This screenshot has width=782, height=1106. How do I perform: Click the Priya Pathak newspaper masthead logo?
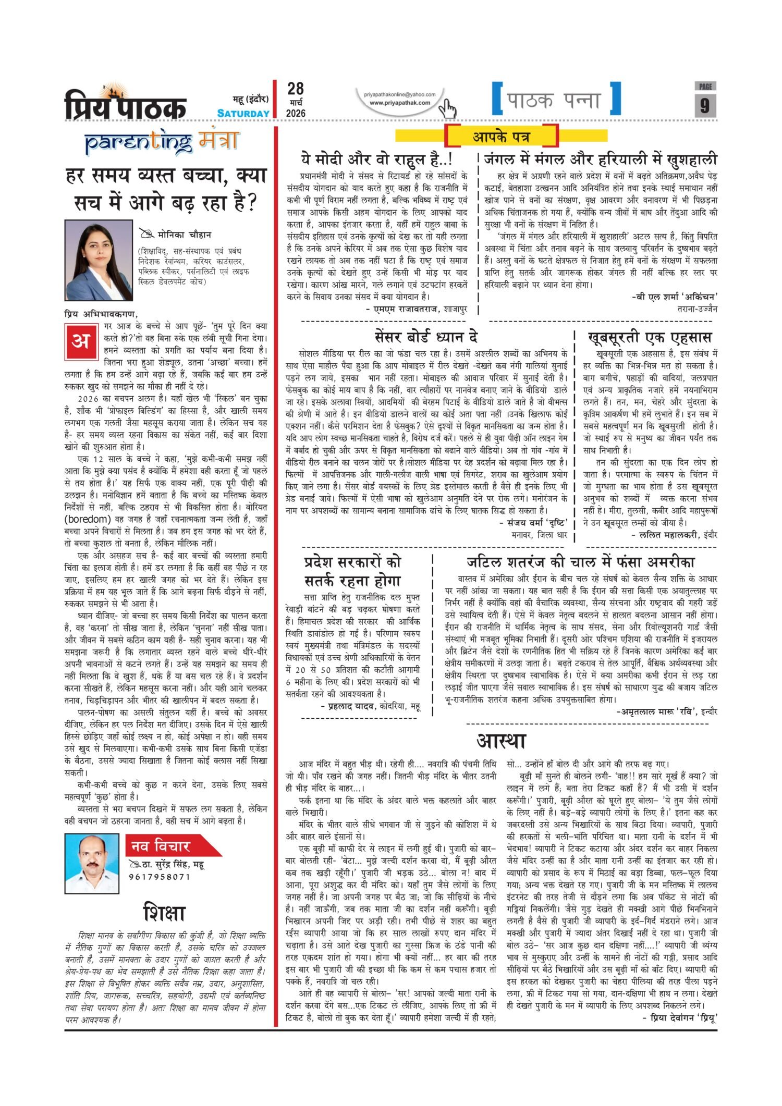point(125,103)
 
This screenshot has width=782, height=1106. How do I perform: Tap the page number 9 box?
point(705,105)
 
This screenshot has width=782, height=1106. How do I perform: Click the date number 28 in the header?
point(295,89)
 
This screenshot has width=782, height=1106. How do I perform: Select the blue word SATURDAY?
point(243,113)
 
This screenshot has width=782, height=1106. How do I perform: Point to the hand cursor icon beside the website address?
point(447,108)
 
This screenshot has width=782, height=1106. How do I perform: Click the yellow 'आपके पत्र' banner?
point(501,137)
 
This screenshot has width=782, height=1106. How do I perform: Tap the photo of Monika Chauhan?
point(99,260)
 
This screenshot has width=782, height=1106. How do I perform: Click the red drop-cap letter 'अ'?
point(81,341)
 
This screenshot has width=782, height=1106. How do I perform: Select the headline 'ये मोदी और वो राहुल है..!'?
point(376,159)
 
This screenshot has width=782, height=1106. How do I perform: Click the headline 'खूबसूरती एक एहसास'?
point(650,338)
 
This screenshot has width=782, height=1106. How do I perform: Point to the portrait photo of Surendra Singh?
point(92,863)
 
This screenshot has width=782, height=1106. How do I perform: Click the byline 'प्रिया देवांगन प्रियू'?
point(679,1017)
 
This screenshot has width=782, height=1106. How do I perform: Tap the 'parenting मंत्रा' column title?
point(162,142)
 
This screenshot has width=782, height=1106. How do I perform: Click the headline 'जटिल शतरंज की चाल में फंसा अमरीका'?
point(580,562)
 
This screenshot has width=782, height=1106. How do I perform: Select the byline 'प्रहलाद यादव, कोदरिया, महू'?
point(370,706)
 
